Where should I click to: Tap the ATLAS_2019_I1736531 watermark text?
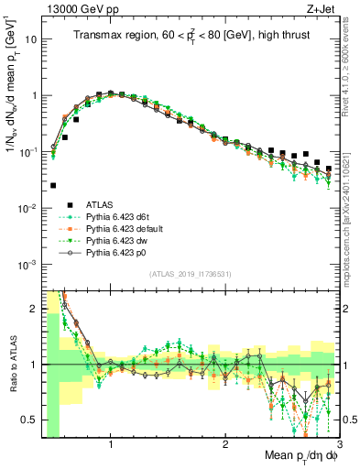tap(190, 275)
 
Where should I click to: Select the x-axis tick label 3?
tap(338, 444)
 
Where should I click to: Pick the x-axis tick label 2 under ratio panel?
tap(225, 444)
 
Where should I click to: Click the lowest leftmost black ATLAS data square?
tap(53, 185)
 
